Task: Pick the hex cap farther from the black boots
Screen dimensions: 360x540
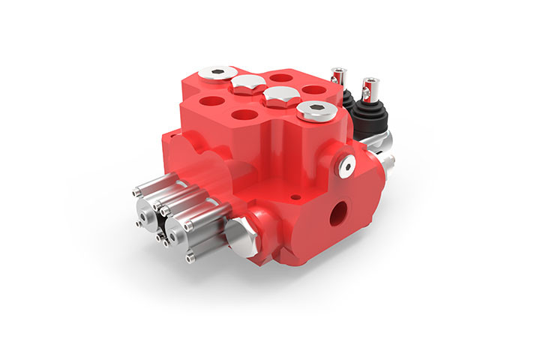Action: (245, 83)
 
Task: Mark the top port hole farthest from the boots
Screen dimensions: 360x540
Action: (212, 100)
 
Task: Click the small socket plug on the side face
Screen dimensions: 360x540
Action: (347, 167)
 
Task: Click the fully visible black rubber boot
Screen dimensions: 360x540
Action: (370, 115)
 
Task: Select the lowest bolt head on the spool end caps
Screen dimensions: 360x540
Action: (190, 259)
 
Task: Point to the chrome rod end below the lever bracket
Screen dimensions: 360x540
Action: (388, 160)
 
